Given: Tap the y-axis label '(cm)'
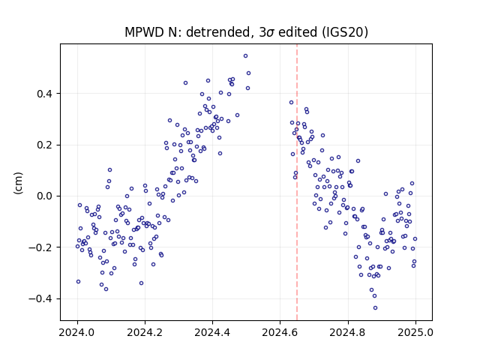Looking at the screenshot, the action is [18, 183].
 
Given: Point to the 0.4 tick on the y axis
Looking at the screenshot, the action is [44, 94].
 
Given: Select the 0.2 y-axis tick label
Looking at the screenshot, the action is [44, 145].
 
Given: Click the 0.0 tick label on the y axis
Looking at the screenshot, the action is [44, 196].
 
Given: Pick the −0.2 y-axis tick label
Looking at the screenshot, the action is [40, 247].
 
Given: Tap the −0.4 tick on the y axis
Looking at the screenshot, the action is [40, 298].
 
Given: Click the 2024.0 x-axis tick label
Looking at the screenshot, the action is [77, 332].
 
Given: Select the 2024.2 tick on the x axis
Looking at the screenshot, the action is [145, 332].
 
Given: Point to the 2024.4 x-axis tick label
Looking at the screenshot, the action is [212, 332].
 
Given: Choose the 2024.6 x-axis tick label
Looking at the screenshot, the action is [280, 332].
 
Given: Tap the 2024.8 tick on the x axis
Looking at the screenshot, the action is [348, 332].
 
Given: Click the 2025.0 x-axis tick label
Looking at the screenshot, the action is [415, 332].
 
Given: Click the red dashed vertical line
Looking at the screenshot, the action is [297, 182].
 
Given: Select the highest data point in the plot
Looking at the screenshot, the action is [245, 56].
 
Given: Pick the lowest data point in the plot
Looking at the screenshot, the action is [375, 308].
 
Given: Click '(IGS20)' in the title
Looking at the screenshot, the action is [345, 32].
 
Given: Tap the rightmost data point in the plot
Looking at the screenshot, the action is [415, 238].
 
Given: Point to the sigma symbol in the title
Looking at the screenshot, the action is [270, 33].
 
